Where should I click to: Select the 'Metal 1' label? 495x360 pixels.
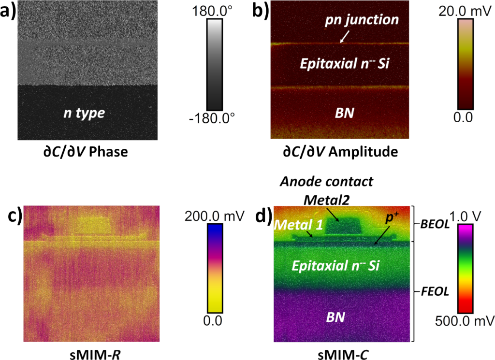click(x=293, y=225)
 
